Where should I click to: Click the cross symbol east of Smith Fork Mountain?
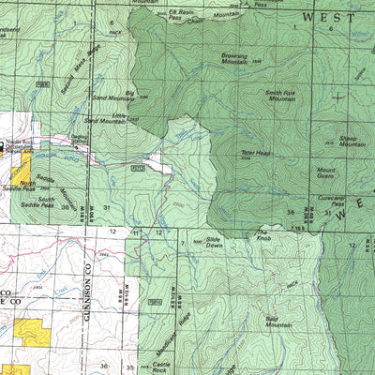point(338,96)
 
